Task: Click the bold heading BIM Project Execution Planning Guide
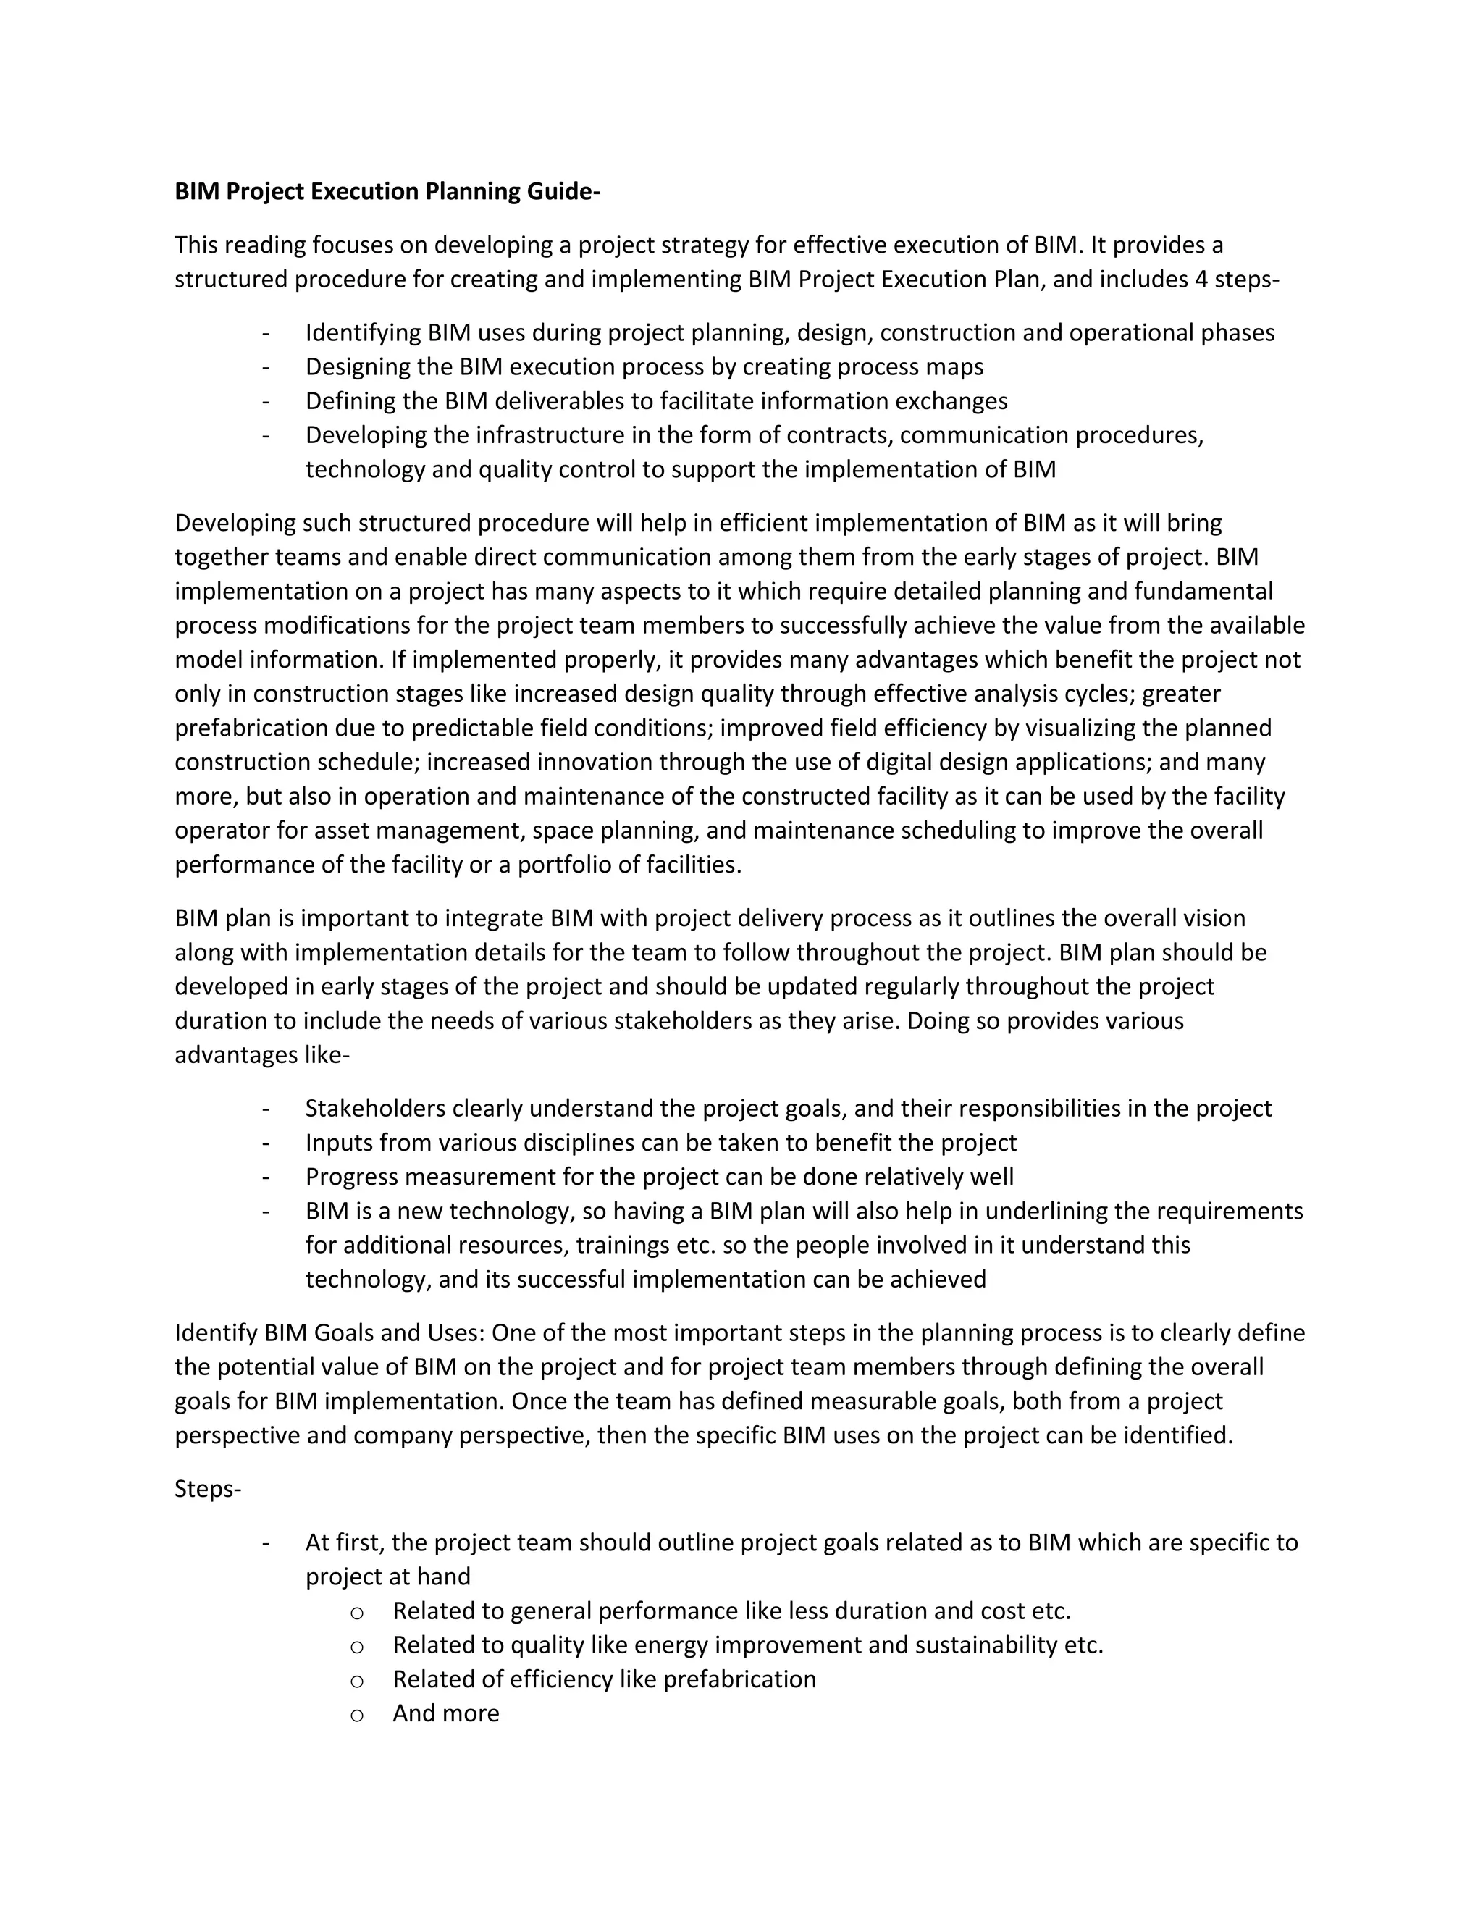coord(387,192)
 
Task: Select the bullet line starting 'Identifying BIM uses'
coord(789,333)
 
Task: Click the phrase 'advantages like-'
coord(262,1054)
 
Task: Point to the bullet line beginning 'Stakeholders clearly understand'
coord(787,1109)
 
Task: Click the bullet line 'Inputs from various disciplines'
coord(660,1143)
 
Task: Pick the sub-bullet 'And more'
coord(445,1713)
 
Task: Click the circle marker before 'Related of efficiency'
coord(357,1681)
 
